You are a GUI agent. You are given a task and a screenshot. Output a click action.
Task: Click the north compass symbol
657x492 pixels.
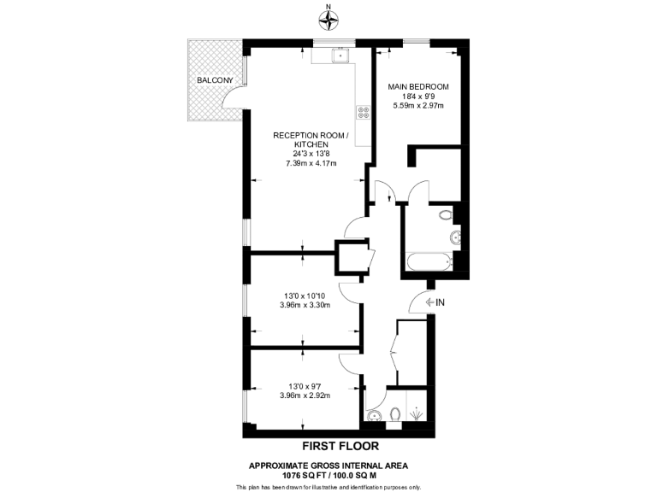328,16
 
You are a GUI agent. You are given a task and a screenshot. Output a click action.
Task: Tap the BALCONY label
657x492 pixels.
214,80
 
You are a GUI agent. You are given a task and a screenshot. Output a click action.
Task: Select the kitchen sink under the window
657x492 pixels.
341,56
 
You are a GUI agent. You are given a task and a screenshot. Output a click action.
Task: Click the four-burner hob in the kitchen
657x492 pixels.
363,111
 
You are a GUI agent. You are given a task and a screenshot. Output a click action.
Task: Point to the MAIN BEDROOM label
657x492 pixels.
418,87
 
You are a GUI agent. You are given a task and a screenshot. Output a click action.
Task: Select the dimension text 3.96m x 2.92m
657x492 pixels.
306,395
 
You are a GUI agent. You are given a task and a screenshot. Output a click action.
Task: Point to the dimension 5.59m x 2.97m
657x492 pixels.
418,106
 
